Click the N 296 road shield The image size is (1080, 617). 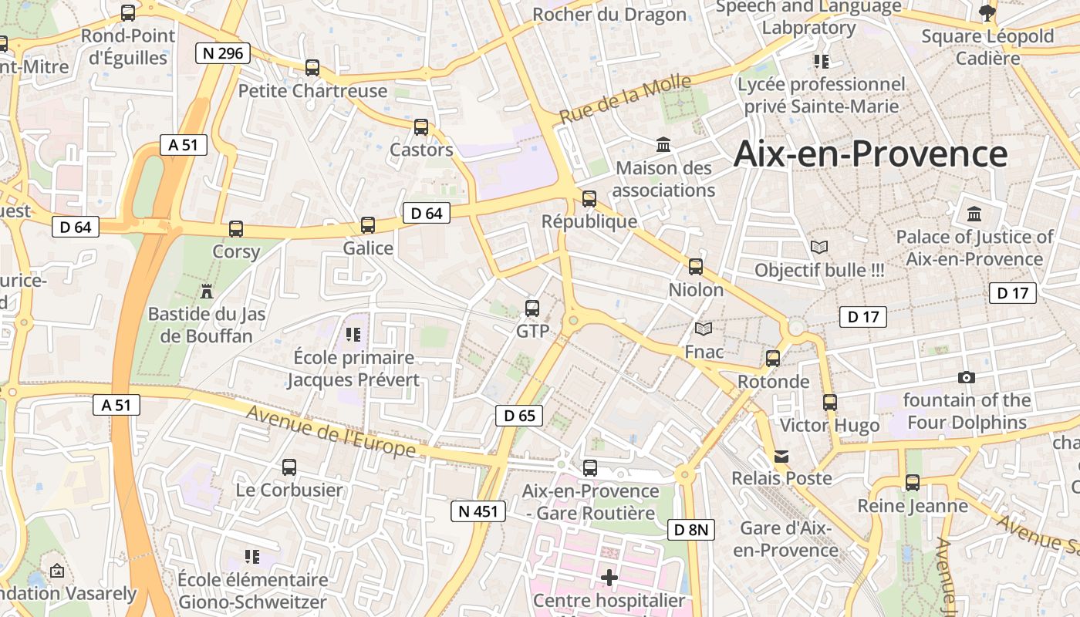click(x=223, y=53)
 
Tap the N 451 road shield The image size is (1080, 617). click(x=478, y=511)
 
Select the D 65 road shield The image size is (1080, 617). click(x=518, y=416)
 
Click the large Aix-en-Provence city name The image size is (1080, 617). click(x=870, y=153)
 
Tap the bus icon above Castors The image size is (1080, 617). click(x=420, y=127)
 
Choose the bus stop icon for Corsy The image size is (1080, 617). click(x=236, y=229)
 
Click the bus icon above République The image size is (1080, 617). click(x=589, y=199)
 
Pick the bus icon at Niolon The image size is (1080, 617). click(x=696, y=267)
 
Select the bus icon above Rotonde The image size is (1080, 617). click(x=773, y=359)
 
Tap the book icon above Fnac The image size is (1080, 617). click(x=704, y=329)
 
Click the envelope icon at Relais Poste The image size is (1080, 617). click(x=781, y=456)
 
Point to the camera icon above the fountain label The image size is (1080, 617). click(x=966, y=377)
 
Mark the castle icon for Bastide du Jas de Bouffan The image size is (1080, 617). click(x=206, y=291)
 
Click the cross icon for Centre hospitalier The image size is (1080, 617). click(x=609, y=577)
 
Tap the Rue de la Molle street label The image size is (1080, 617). click(x=625, y=101)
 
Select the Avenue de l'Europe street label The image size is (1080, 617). click(x=332, y=433)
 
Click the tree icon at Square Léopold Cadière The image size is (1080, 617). click(x=987, y=13)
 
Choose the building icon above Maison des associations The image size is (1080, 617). click(x=663, y=144)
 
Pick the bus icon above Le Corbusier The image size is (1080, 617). click(x=289, y=467)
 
